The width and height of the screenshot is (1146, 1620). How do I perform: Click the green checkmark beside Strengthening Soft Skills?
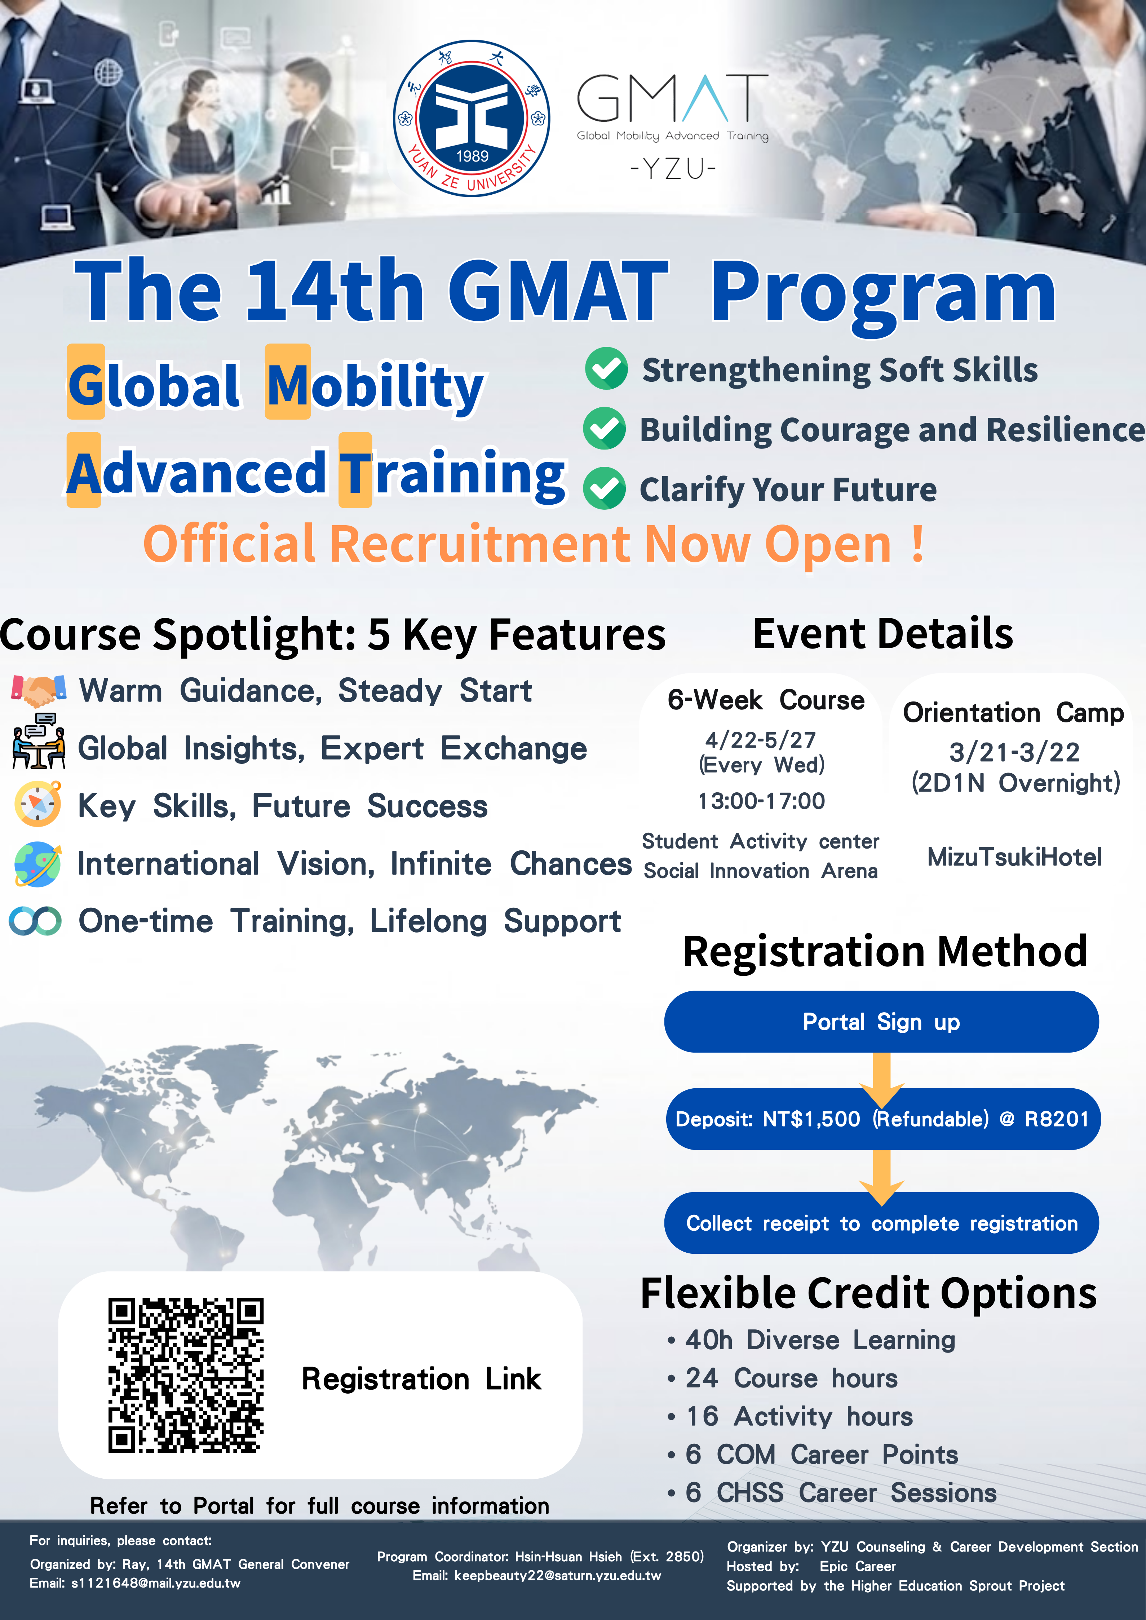(x=606, y=368)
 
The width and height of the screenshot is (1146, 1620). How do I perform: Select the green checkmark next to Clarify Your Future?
(x=604, y=488)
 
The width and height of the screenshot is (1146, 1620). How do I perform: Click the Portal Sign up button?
(x=881, y=1022)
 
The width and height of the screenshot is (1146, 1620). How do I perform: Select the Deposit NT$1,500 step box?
(x=883, y=1119)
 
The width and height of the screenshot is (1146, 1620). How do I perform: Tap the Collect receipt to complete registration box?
(x=881, y=1223)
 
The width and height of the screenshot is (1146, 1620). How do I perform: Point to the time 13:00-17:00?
(x=761, y=801)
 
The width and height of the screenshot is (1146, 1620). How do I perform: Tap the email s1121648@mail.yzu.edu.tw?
(x=156, y=1583)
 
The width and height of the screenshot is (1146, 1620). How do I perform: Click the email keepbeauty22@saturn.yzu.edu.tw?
(x=557, y=1576)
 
